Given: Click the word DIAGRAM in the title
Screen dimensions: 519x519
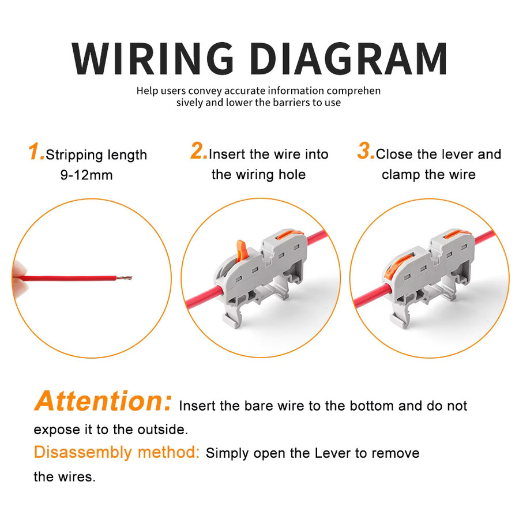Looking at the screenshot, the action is pyautogui.click(x=348, y=58).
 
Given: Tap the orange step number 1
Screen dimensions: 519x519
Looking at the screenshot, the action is pyautogui.click(x=36, y=152).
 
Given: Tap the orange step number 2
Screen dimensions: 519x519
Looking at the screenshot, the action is pyautogui.click(x=198, y=151).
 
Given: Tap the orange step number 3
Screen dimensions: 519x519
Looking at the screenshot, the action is pyautogui.click(x=366, y=151).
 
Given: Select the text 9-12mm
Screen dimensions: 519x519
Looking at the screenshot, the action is pyautogui.click(x=86, y=175).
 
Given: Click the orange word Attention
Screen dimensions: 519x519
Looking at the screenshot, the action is pyautogui.click(x=103, y=401).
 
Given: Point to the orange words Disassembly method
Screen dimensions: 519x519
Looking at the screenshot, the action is pyautogui.click(x=116, y=453).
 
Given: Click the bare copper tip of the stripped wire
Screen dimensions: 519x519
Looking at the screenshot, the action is pyautogui.click(x=124, y=278).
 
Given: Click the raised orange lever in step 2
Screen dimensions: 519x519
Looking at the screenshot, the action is pyautogui.click(x=242, y=251).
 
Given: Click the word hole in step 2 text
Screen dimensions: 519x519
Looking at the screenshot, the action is pyautogui.click(x=292, y=174).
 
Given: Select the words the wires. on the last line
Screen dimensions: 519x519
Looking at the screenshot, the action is pyautogui.click(x=65, y=477).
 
